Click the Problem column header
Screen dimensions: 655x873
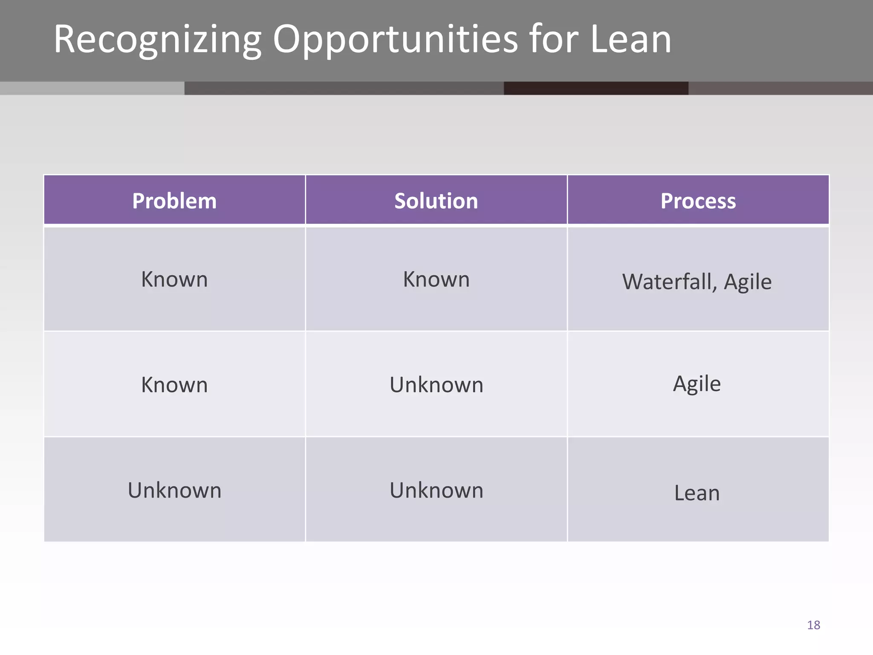point(174,201)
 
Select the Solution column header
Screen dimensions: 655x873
point(436,201)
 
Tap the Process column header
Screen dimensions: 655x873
point(698,201)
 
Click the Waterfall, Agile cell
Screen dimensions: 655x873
point(697,281)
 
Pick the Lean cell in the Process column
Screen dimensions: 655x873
point(697,493)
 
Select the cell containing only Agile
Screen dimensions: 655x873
point(697,383)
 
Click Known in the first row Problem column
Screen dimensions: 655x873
point(174,279)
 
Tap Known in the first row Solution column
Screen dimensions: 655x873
point(436,279)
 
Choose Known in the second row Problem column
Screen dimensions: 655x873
point(174,385)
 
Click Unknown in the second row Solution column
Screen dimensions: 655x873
point(436,385)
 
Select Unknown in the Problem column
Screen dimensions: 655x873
point(174,490)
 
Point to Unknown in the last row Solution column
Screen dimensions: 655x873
point(436,490)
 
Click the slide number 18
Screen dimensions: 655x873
point(813,625)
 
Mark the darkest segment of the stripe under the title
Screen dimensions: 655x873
point(596,88)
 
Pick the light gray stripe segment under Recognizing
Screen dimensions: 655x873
point(92,88)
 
